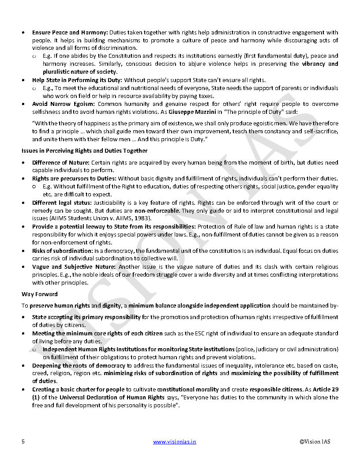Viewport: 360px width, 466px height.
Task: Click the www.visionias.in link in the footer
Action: point(174,442)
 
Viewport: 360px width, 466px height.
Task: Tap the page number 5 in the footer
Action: point(23,442)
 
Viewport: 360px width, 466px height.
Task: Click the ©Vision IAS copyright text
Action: point(315,442)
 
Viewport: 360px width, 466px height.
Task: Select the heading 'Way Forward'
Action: point(39,294)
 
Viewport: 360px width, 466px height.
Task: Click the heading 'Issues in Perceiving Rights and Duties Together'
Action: point(84,150)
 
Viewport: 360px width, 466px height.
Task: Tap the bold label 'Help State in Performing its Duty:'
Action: point(77,80)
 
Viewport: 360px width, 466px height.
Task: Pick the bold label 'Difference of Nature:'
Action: point(61,162)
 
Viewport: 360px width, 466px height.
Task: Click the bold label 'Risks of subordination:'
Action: point(62,251)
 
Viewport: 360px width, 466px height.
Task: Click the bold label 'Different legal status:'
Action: point(62,203)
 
